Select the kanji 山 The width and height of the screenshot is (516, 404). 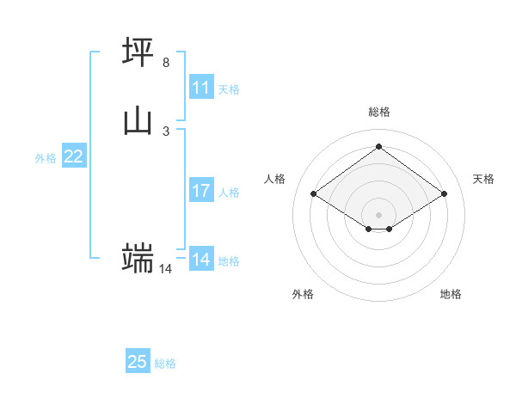pyautogui.click(x=138, y=121)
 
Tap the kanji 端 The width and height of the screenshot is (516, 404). pyautogui.click(x=138, y=258)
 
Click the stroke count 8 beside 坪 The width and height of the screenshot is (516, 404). pyautogui.click(x=166, y=63)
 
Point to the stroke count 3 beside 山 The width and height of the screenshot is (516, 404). pyautogui.click(x=166, y=131)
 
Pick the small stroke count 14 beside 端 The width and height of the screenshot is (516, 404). pyautogui.click(x=166, y=269)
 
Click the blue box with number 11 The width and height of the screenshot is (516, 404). pyautogui.click(x=201, y=88)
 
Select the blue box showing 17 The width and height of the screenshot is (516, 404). pyautogui.click(x=201, y=191)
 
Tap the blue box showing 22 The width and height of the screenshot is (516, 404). pyautogui.click(x=74, y=156)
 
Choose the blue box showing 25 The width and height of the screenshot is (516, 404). pyautogui.click(x=138, y=362)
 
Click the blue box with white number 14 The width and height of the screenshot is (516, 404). pyautogui.click(x=201, y=259)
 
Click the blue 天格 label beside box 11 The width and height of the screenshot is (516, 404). pyautogui.click(x=229, y=89)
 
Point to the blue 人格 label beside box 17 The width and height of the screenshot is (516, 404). pyautogui.click(x=229, y=193)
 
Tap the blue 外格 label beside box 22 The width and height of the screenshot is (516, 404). pyautogui.click(x=46, y=158)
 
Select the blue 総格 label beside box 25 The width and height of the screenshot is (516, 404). pyautogui.click(x=165, y=364)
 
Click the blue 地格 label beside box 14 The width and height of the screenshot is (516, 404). pyautogui.click(x=229, y=260)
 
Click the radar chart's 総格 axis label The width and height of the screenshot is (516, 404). pyautogui.click(x=379, y=112)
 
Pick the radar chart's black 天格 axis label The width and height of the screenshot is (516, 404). pyautogui.click(x=483, y=179)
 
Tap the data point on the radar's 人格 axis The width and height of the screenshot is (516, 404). pyautogui.click(x=314, y=194)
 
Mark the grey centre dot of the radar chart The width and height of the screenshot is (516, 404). pyautogui.click(x=379, y=214)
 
